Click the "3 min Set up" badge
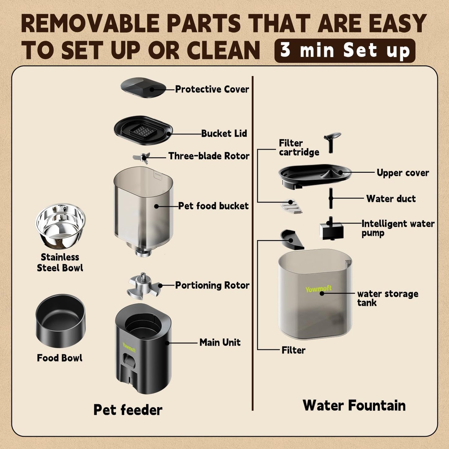(345, 51)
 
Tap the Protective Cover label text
(212, 89)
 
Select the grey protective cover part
(143, 87)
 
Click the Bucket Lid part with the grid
(143, 131)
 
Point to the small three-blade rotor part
(142, 157)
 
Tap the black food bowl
(60, 320)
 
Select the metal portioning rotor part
(143, 285)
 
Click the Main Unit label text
(220, 342)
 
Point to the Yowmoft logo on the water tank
(318, 289)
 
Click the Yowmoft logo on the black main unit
(129, 347)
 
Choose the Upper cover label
(402, 173)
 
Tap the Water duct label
(391, 199)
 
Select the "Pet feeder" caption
(128, 410)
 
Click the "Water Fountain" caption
(354, 405)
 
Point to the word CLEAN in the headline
(224, 51)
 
